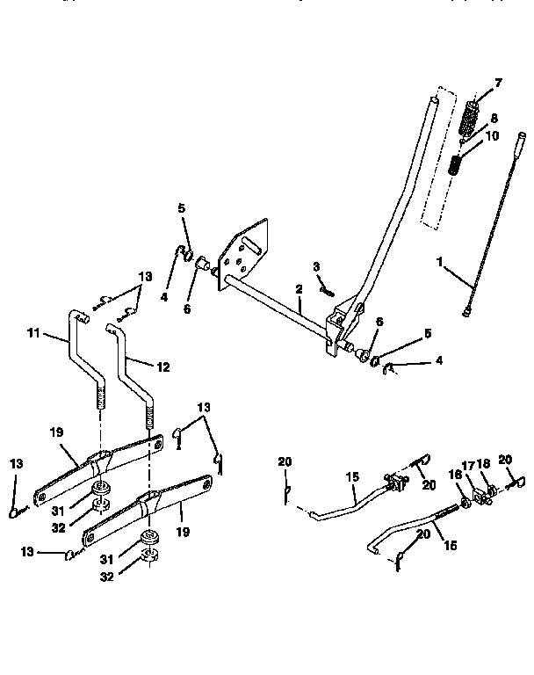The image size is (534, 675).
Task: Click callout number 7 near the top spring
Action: coord(498,83)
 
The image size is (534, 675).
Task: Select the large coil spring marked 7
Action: coord(473,116)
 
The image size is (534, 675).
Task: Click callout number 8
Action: coord(494,117)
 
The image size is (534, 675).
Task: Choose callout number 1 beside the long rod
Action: coord(442,261)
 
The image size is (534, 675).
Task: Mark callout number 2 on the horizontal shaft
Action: coord(299,288)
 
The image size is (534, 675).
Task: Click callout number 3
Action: coord(316,267)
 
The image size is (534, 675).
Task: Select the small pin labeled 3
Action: coord(326,286)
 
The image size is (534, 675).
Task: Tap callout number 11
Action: coord(34,334)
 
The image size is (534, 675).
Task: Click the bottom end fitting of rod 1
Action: coord(466,308)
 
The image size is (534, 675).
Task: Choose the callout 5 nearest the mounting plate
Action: coord(182,210)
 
